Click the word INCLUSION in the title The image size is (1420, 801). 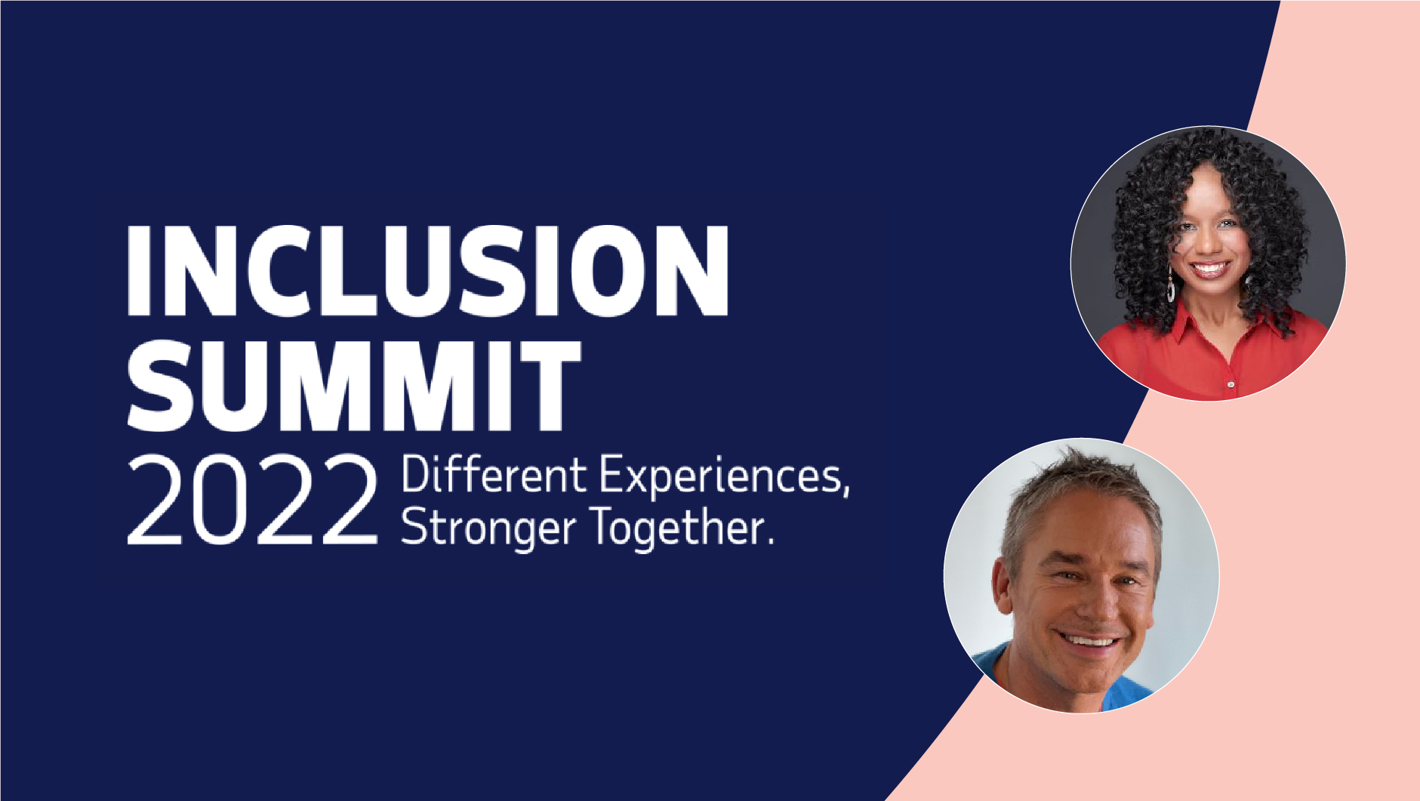tap(428, 270)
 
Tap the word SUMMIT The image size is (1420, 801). tap(354, 385)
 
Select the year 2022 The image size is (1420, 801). tap(252, 500)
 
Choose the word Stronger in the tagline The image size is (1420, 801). tap(488, 528)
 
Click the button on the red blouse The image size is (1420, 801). tap(1231, 385)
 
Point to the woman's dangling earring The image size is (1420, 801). tap(1171, 285)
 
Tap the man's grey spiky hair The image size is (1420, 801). tap(1080, 498)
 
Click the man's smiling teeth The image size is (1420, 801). tap(1089, 642)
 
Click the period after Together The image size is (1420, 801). tap(770, 540)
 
